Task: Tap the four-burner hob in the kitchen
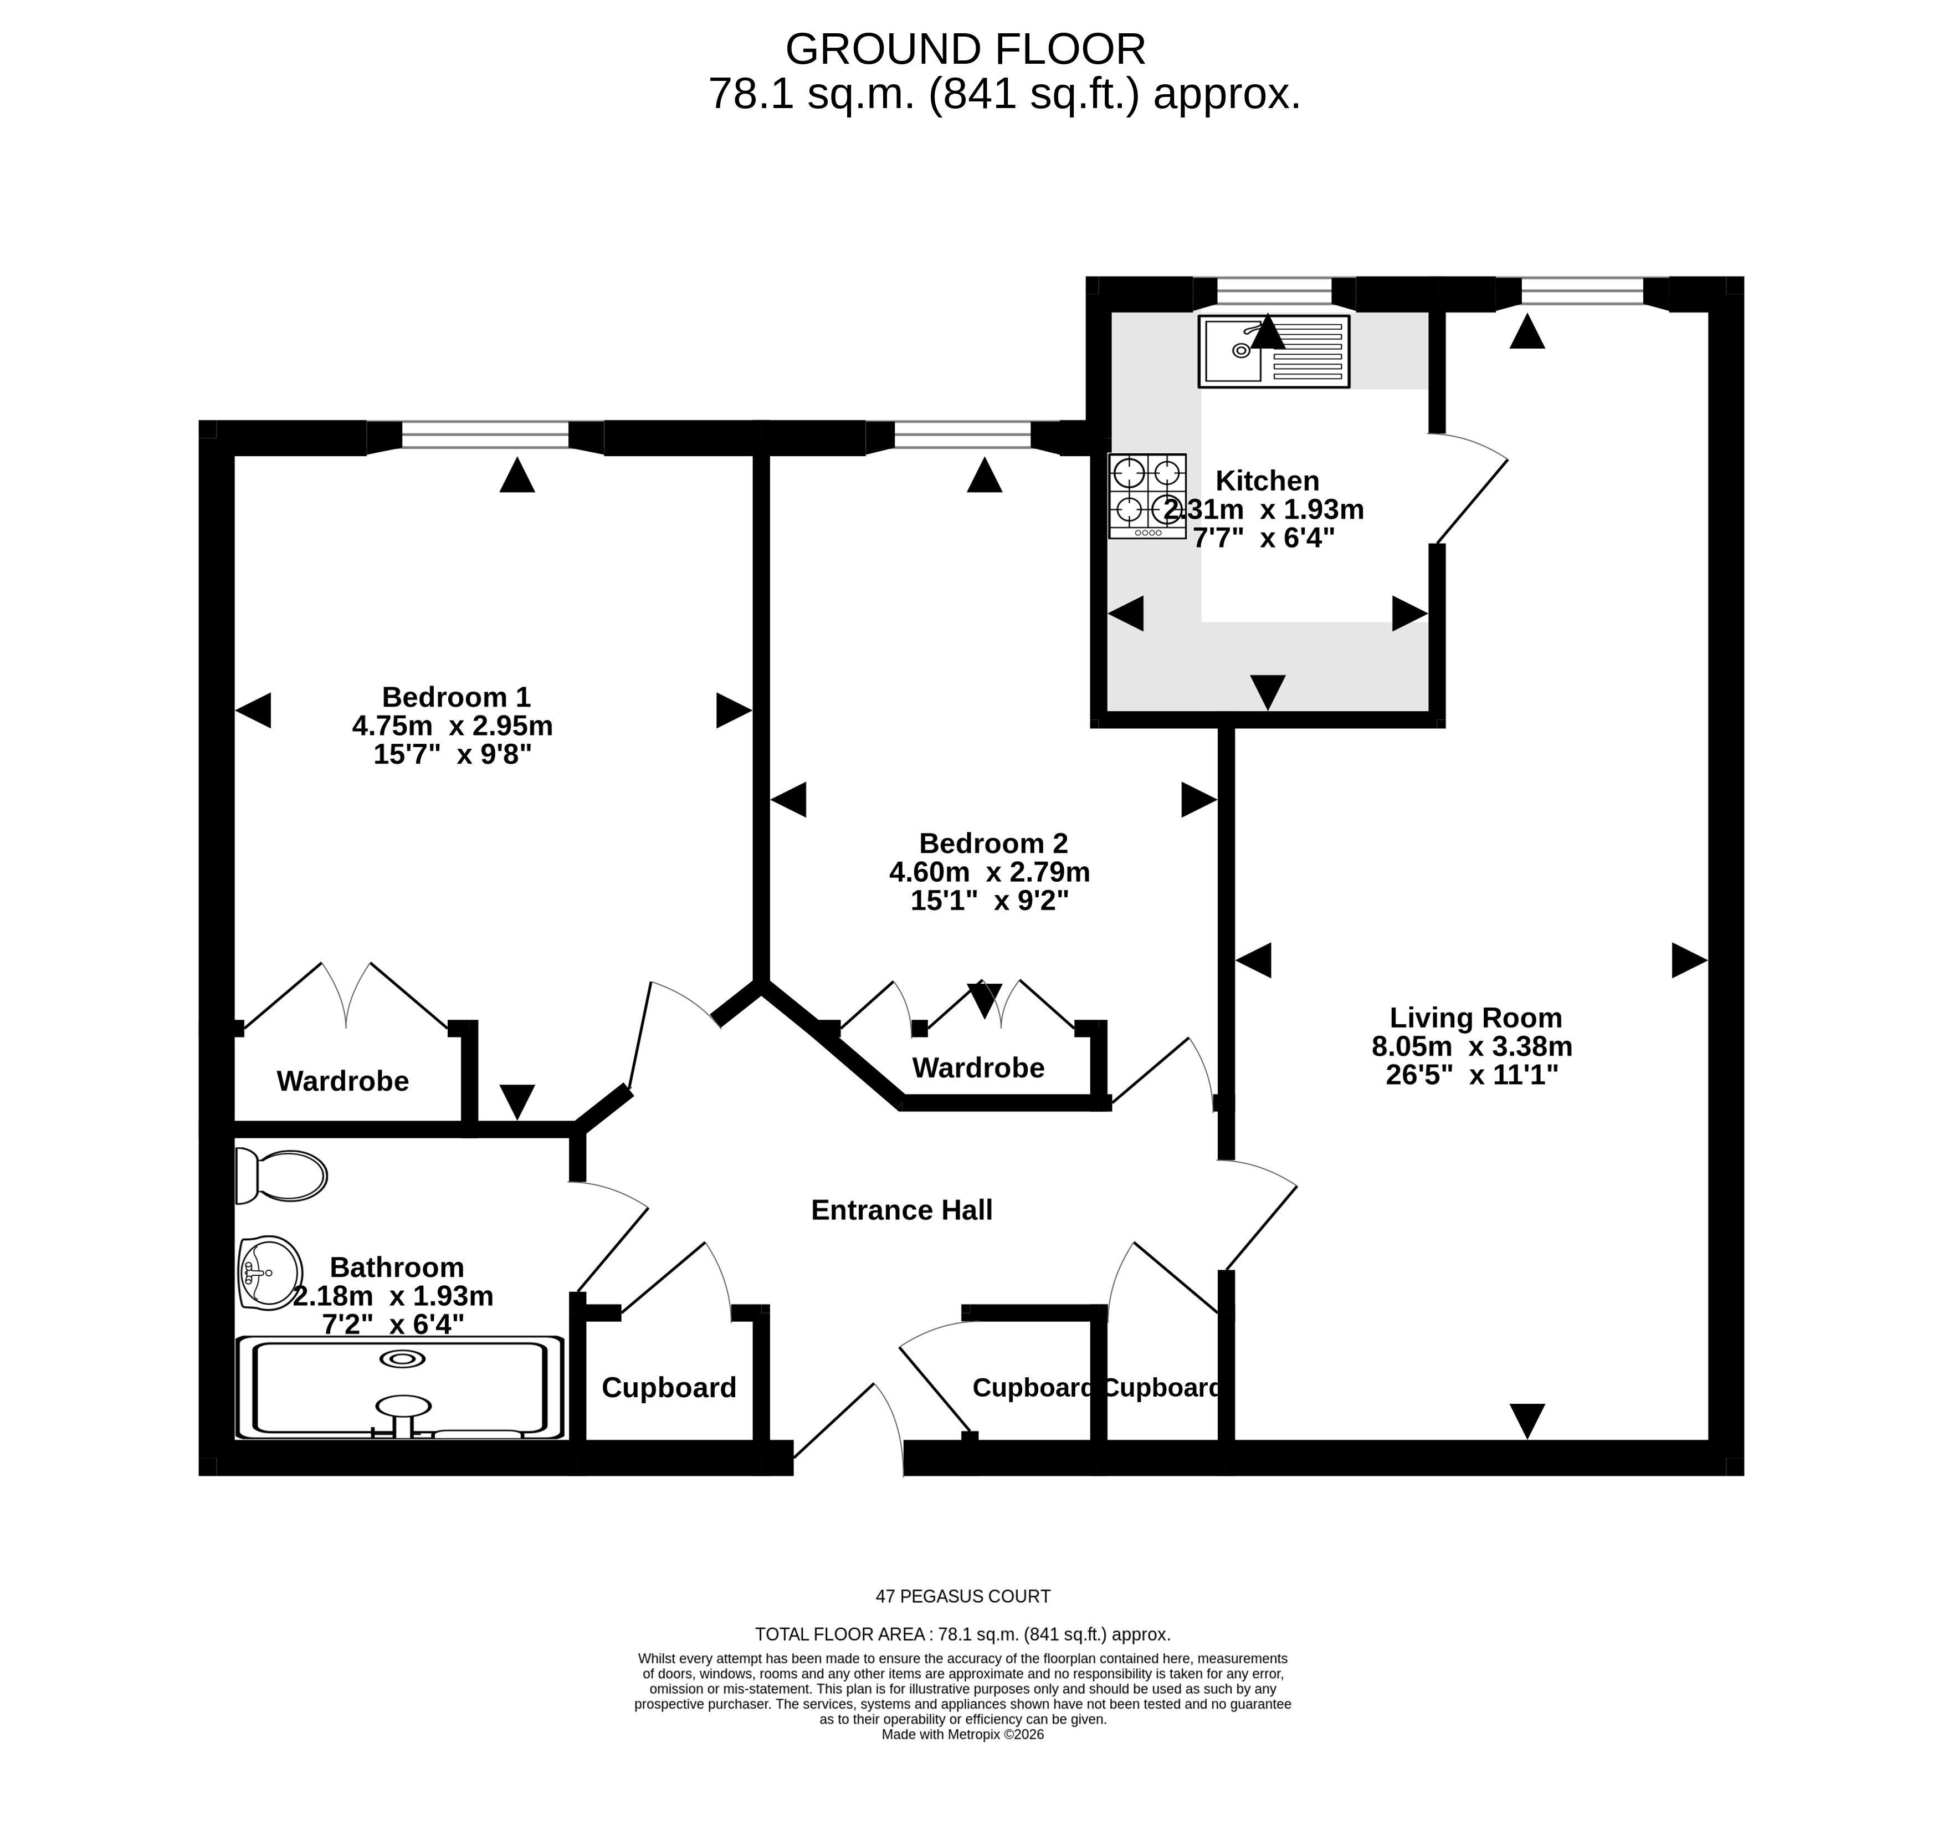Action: tap(1147, 495)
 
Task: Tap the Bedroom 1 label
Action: tap(455, 697)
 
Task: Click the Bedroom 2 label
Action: tap(993, 842)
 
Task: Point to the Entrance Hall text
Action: tap(901, 1210)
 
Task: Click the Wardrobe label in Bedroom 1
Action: tap(342, 1081)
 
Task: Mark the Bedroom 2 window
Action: tap(963, 436)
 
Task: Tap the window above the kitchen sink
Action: tap(1274, 292)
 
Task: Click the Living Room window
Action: tap(1582, 292)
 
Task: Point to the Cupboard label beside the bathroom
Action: tap(669, 1388)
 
